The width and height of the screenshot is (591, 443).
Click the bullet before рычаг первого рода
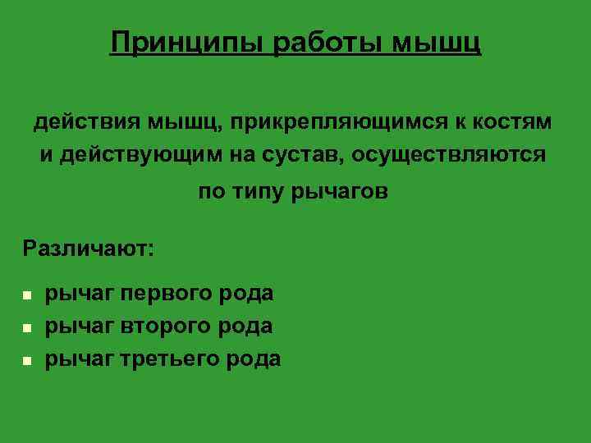coord(27,295)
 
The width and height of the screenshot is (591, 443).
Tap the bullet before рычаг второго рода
coord(27,327)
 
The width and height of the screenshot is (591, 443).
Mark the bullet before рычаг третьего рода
coord(27,360)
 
